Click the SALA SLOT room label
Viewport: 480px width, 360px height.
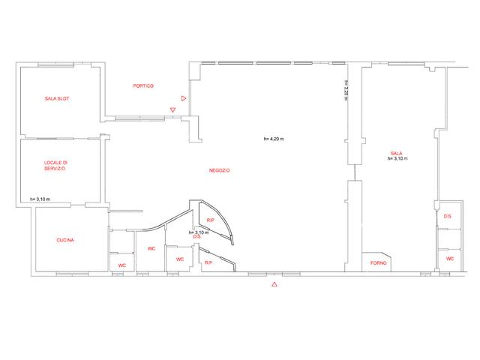tap(57, 98)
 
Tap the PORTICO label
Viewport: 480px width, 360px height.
tap(143, 85)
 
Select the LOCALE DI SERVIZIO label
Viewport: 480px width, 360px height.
tap(55, 166)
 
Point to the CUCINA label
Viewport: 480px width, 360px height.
tap(65, 240)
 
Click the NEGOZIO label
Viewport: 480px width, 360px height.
tap(220, 170)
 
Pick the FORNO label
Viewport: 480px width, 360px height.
tap(378, 263)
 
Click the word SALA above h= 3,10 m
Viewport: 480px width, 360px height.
tap(397, 153)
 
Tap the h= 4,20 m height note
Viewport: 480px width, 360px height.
tap(274, 139)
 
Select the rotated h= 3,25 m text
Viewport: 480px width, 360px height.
tap(346, 90)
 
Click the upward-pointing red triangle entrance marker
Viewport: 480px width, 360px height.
tap(274, 284)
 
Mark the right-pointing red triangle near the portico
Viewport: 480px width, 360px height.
tap(184, 98)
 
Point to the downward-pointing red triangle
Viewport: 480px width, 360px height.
tap(173, 109)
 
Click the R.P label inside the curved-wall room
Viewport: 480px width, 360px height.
tap(210, 220)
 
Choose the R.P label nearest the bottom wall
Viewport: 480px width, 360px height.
tap(208, 262)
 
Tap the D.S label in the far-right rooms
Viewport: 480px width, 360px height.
tap(448, 216)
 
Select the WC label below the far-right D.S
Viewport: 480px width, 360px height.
tap(450, 259)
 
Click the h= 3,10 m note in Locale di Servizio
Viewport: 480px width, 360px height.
tap(40, 199)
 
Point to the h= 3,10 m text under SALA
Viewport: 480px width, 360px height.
tap(397, 158)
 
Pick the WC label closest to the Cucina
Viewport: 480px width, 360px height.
tap(121, 265)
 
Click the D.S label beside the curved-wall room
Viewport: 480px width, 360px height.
tap(196, 237)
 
